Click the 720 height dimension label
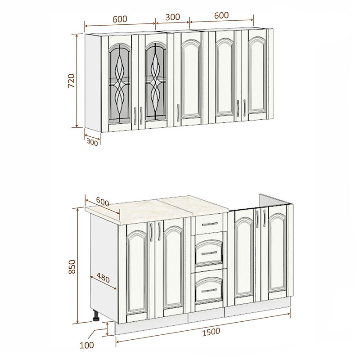[72, 81]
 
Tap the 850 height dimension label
[72, 266]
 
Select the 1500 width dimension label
[211, 332]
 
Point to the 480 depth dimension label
[103, 278]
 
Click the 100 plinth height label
[87, 345]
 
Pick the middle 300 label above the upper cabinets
[173, 17]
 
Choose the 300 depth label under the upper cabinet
[92, 142]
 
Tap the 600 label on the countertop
[103, 202]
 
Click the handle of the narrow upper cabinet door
[178, 112]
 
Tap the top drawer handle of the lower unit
[209, 224]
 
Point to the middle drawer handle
[209, 253]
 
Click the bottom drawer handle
[209, 290]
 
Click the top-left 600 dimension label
[120, 19]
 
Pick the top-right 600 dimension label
[221, 15]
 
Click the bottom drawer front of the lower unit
[209, 289]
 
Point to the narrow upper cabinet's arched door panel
[191, 79]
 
